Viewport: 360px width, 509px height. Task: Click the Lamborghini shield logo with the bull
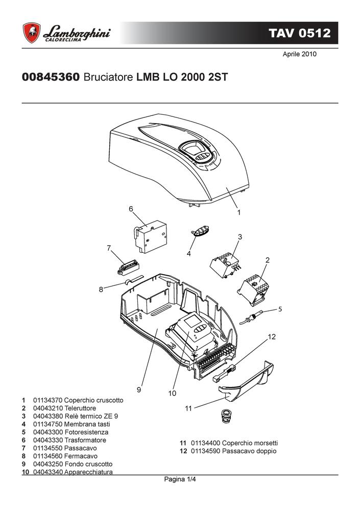pos(32,33)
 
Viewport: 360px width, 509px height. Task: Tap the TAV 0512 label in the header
pos(299,33)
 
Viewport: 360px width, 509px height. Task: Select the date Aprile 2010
pos(299,54)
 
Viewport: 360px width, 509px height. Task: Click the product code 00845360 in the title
pos(51,77)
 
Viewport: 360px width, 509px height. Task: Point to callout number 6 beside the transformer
pos(131,209)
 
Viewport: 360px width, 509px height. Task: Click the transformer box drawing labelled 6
pos(150,236)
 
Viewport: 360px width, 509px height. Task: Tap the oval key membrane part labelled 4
pos(200,231)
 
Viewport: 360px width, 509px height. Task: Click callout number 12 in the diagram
pos(272,336)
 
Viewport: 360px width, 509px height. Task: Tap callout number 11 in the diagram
pos(188,408)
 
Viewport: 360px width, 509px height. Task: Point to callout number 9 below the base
pos(139,390)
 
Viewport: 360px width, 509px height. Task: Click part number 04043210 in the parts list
pos(48,408)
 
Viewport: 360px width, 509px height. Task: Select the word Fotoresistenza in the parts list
pos(86,432)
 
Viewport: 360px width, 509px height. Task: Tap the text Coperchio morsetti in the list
pos(250,443)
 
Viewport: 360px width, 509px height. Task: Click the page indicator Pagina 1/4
pos(180,479)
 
